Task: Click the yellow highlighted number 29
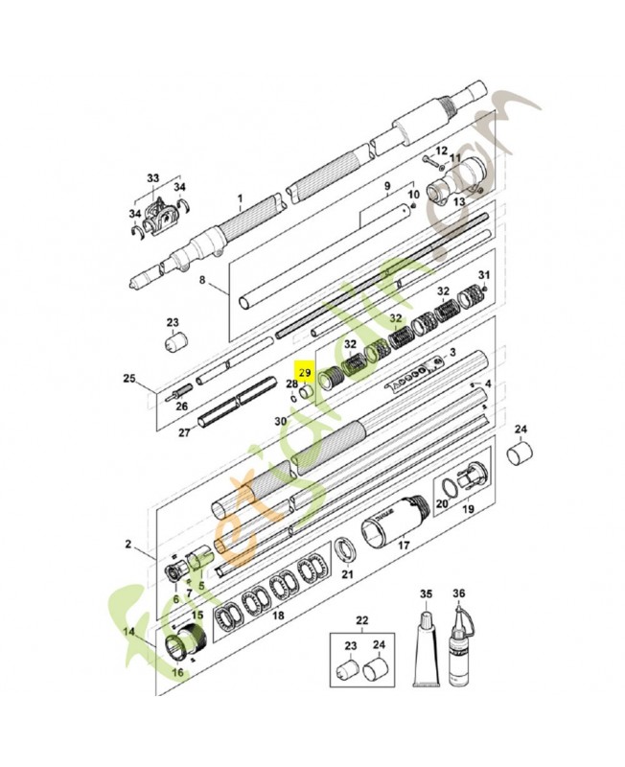(x=306, y=372)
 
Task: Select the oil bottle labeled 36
(x=458, y=647)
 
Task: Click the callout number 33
(x=153, y=178)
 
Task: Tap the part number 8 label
(x=202, y=281)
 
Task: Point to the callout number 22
(x=361, y=618)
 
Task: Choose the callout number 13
(x=457, y=201)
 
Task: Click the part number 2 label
(x=128, y=545)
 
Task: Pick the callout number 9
(x=388, y=185)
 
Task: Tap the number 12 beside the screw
(x=442, y=151)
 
